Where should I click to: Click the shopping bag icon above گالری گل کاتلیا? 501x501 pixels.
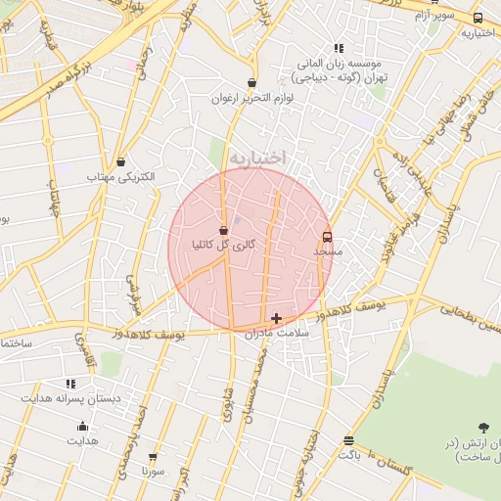225,230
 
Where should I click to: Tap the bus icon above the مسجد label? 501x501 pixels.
327,236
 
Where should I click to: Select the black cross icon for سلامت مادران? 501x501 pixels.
277,318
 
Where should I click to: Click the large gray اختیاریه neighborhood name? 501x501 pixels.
257,157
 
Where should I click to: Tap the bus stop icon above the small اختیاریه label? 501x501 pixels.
478,18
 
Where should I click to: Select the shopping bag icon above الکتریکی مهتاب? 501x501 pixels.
120,162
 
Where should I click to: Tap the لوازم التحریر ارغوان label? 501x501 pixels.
252,98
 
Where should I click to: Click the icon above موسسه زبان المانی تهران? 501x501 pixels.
339,48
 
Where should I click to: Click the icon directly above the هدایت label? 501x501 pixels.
82,426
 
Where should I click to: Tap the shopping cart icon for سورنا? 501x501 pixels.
153,457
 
